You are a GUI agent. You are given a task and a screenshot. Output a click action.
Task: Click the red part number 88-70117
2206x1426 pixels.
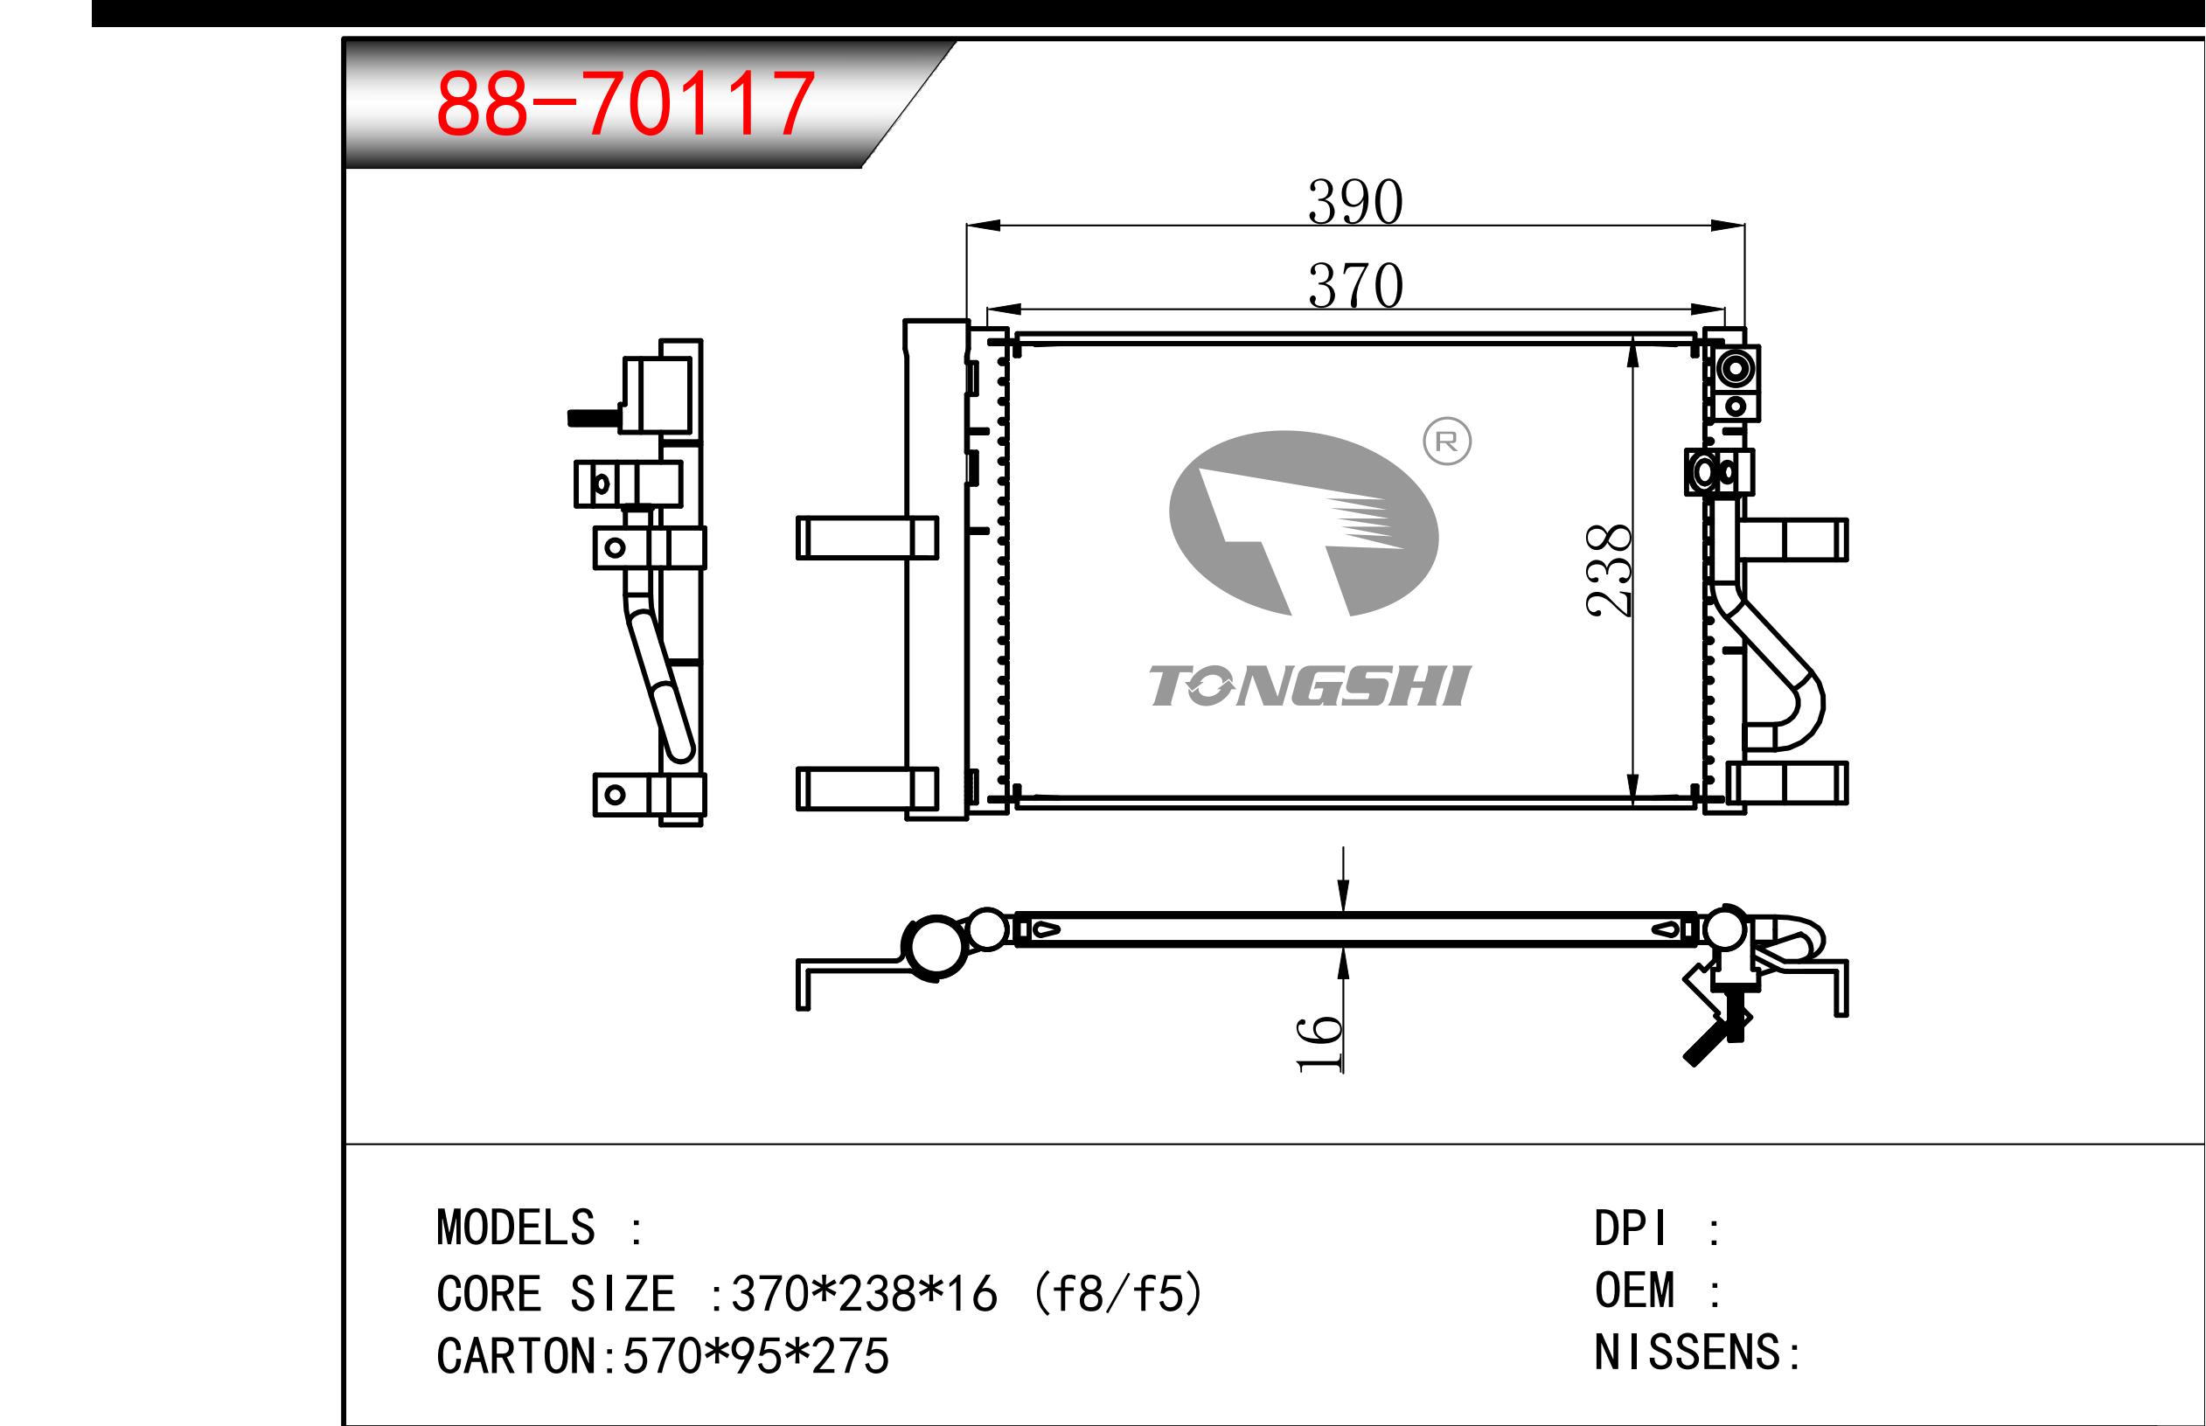tap(625, 104)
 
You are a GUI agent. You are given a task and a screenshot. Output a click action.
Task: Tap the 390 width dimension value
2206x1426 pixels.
tap(1355, 202)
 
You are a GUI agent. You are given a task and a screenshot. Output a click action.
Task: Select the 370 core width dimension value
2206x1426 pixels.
tap(1355, 286)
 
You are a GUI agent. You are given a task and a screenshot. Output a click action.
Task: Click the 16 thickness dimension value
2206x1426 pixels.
tap(1320, 1044)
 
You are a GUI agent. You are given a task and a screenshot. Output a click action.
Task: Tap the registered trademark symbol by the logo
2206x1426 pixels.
tap(1447, 442)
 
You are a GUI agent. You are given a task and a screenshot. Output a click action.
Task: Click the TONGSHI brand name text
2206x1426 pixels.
tap(1310, 686)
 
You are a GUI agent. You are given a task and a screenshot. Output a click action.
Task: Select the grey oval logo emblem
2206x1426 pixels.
tap(1304, 523)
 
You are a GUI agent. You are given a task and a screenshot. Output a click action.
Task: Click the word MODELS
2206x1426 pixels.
tap(516, 1228)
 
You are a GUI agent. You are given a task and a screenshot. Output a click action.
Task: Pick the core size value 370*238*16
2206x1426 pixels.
tap(865, 1294)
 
